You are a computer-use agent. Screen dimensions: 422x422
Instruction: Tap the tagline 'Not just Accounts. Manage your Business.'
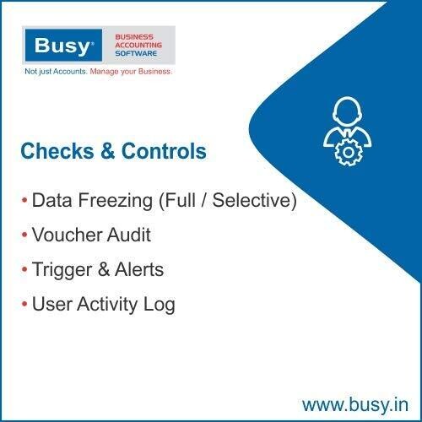(98, 72)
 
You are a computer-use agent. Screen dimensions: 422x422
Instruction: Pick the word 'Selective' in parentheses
(253, 203)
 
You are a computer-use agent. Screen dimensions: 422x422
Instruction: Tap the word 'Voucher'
(63, 236)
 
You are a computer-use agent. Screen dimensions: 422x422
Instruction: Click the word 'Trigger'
(60, 270)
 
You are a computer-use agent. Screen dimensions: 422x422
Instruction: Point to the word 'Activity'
(106, 305)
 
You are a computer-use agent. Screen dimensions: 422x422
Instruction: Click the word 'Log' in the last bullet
(160, 305)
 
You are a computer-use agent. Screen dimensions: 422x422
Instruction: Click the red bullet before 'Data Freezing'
(24, 203)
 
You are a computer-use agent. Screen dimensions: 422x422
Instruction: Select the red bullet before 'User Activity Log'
(24, 305)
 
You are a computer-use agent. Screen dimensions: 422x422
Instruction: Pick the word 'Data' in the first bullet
(50, 203)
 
